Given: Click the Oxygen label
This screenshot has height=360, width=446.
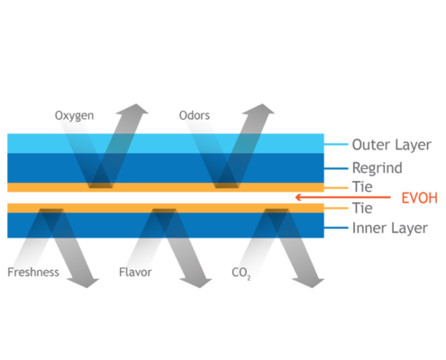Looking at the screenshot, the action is point(74,116).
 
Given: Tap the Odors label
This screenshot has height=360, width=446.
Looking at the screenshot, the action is point(195,115).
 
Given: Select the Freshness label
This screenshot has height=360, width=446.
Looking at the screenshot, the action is point(33,272).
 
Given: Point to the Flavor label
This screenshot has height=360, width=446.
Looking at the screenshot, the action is point(135,272).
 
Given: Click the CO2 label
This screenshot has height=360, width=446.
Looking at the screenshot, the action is point(241,274).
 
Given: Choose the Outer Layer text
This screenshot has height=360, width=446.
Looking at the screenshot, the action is point(392,145).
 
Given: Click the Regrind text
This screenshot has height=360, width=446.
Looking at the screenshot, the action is point(378,168).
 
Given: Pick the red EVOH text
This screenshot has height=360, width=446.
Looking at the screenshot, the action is point(420,198).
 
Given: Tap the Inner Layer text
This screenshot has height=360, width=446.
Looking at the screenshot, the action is point(390,229).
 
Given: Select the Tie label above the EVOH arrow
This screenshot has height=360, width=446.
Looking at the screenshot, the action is point(362,187).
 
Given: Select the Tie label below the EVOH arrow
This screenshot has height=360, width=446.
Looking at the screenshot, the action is point(362,208).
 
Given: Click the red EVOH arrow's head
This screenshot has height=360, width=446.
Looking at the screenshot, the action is point(298,197).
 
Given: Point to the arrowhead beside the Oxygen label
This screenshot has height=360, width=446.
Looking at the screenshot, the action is point(132,109).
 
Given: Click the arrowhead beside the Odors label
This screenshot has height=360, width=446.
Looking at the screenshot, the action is point(259,109).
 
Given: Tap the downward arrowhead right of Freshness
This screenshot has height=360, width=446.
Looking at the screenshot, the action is point(83,283).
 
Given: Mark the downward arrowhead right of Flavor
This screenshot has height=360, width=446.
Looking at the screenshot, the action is point(196,283).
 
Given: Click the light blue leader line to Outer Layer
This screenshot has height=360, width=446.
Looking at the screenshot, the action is point(336,144).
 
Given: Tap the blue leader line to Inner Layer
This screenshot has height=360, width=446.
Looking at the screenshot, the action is point(336,228).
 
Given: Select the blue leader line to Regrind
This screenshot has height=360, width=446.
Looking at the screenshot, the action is point(336,168).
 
